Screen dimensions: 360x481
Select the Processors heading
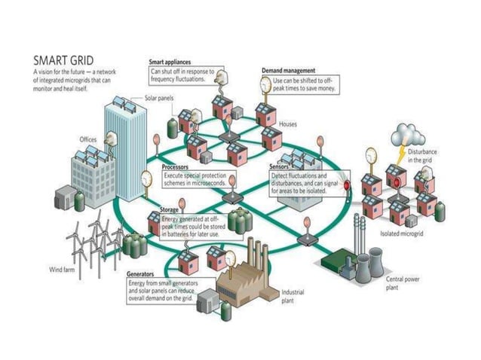175,166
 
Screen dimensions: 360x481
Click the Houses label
288,124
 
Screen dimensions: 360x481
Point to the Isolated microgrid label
400,234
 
